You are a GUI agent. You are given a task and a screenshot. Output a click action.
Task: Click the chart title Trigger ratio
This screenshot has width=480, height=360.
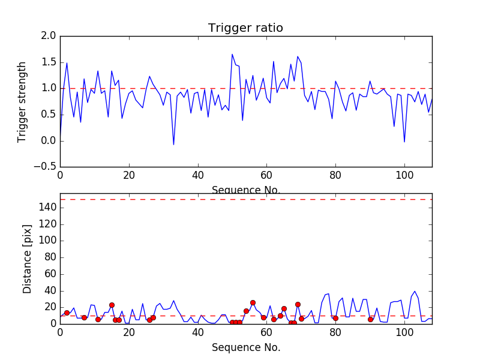coord(245,28)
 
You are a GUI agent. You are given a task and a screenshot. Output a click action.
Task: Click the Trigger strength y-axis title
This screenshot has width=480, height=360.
coord(22,101)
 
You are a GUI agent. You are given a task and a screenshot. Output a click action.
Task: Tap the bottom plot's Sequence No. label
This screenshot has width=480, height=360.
coord(245,347)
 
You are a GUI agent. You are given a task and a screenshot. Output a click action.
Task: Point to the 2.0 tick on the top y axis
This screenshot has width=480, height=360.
coord(49,36)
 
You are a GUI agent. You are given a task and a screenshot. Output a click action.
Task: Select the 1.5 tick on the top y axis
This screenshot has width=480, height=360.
coord(49,62)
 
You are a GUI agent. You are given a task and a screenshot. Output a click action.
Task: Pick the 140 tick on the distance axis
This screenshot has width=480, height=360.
coord(47,208)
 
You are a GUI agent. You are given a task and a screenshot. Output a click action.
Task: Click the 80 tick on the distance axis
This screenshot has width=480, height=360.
coord(49,257)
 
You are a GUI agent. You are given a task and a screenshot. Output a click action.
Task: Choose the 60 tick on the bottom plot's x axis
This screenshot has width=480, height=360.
coord(266,332)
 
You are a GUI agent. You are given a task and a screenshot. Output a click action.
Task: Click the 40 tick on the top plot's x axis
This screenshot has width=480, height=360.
coord(197,176)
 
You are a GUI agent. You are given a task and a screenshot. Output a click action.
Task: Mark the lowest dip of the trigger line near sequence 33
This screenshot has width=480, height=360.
coord(173,145)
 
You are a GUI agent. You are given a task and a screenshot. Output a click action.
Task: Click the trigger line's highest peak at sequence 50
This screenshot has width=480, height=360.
coord(232,54)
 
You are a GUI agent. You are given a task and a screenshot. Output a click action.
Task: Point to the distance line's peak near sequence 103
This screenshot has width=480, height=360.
coord(415,291)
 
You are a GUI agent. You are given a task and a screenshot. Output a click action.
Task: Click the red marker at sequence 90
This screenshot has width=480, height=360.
coord(370,319)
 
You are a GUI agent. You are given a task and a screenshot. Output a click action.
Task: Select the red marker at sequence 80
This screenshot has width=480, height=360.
coord(335,318)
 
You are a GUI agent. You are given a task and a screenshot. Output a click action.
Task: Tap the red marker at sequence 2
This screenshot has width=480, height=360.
coord(67,313)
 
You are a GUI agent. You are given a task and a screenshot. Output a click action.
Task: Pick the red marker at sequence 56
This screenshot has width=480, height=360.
coord(253,302)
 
